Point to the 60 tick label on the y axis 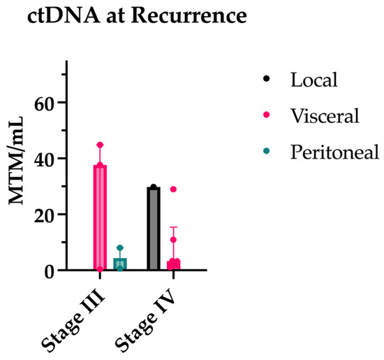click(45, 102)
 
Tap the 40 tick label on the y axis click(45, 158)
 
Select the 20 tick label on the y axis click(45, 215)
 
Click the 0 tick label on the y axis click(50, 271)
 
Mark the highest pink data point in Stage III click(100, 145)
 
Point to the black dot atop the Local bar click(154, 187)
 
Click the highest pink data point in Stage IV click(173, 189)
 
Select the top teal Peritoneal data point click(120, 248)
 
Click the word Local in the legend click(314, 79)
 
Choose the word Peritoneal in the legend click(334, 152)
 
